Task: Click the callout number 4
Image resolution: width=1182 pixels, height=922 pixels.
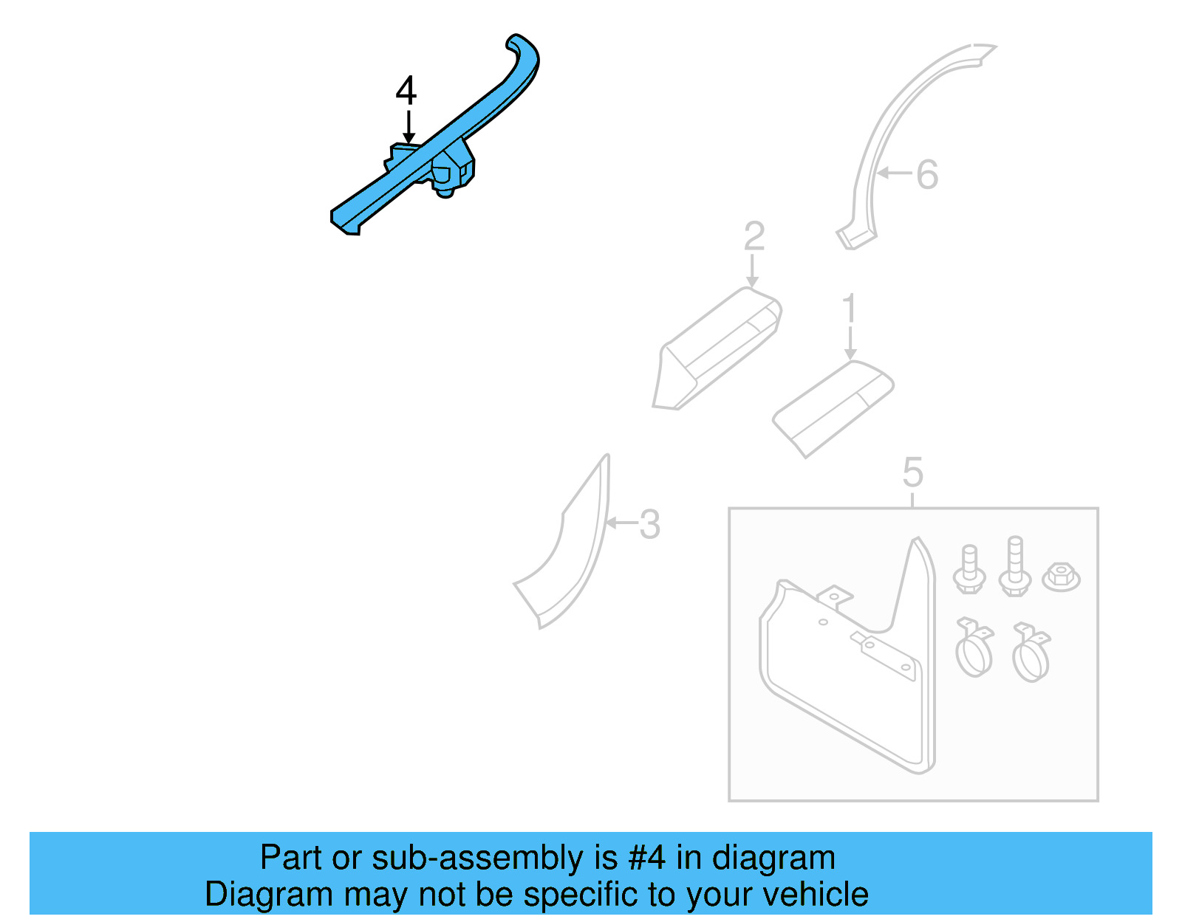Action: tap(406, 91)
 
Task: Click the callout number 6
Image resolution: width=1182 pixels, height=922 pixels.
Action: tap(927, 176)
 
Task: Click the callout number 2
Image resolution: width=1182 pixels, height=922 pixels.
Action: tap(754, 236)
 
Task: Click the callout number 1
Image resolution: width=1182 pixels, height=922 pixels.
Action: tap(850, 309)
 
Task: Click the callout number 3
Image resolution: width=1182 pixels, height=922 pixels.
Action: tap(649, 525)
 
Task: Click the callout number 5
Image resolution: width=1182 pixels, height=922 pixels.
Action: tap(912, 472)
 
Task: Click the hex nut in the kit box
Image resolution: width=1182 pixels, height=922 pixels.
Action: tap(1061, 575)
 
